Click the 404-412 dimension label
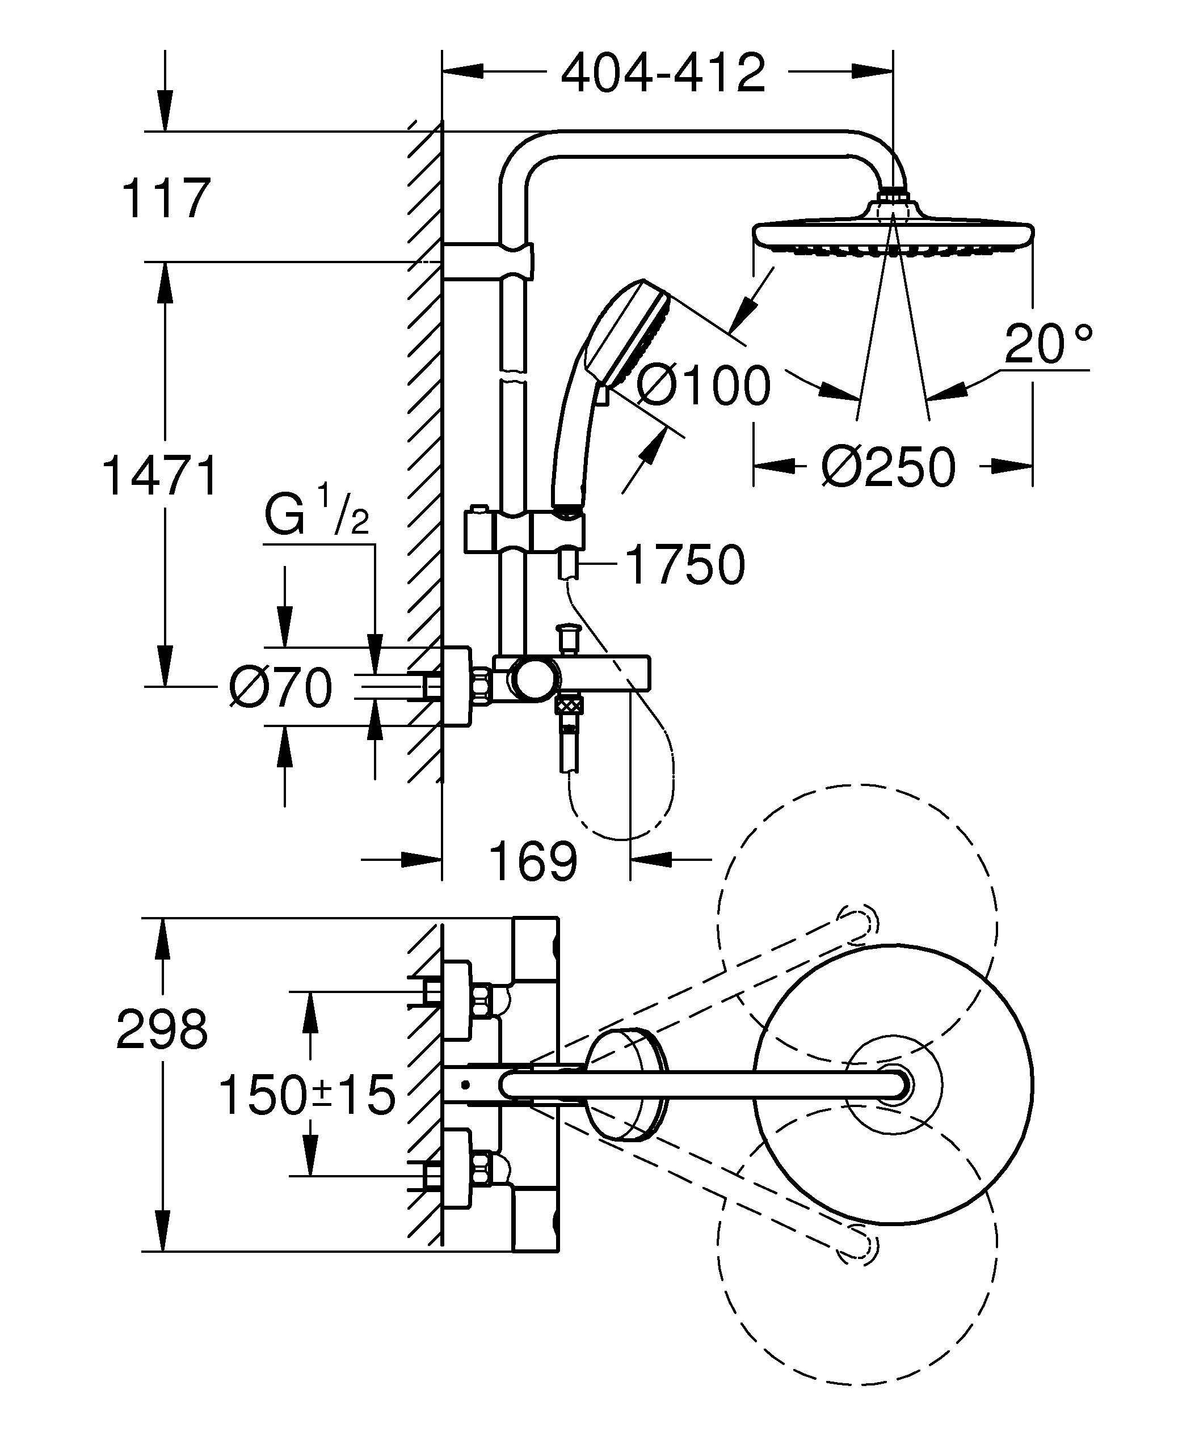663,74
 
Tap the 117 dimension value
166,198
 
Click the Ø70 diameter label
281,687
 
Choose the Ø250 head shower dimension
888,468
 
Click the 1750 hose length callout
684,565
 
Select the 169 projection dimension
533,862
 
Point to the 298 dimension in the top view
162,1030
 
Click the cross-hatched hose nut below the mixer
567,704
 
